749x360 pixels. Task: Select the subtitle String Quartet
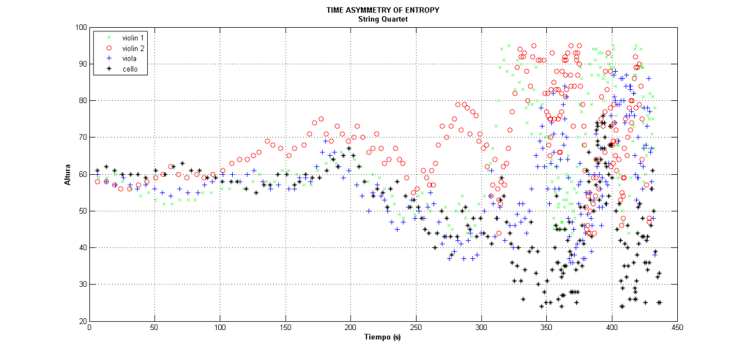click(374, 18)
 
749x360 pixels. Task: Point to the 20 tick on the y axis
click(81, 321)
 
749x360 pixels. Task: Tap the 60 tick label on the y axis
click(81, 175)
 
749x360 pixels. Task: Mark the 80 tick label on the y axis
click(81, 101)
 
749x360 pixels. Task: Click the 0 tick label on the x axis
click(89, 329)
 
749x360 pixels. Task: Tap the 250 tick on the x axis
click(416, 329)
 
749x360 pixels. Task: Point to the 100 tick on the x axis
click(220, 329)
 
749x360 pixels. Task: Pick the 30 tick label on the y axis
click(81, 285)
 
